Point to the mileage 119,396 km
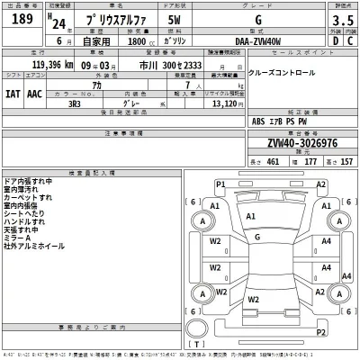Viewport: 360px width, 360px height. click(40, 66)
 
